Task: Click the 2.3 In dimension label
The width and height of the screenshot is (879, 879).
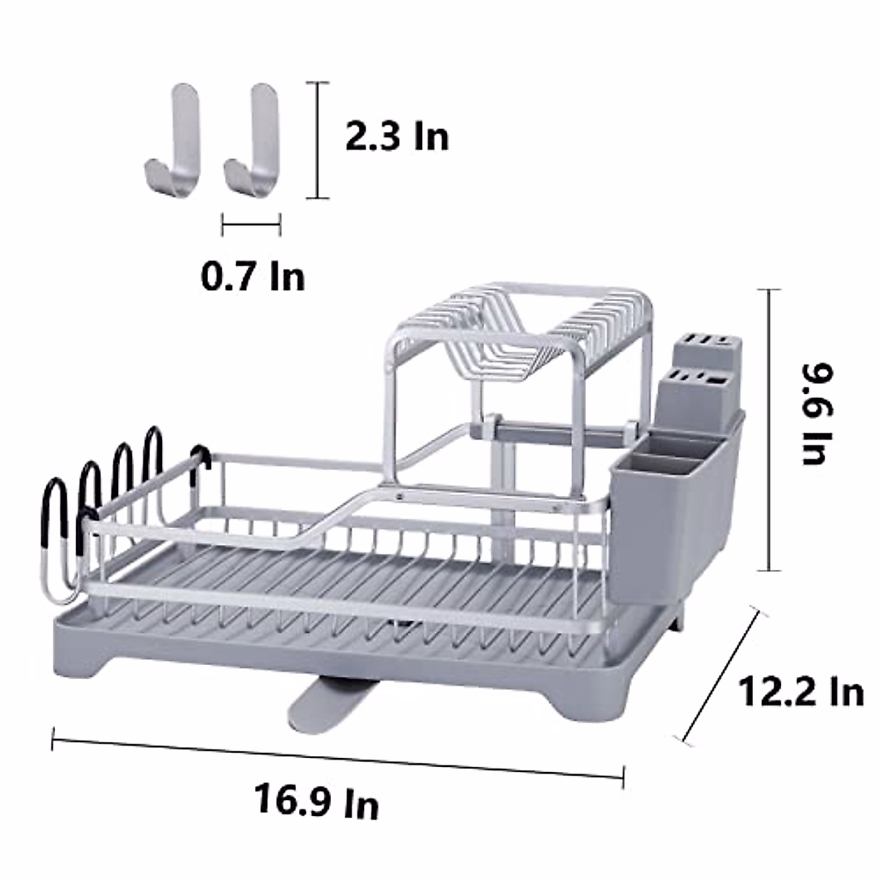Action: (x=397, y=137)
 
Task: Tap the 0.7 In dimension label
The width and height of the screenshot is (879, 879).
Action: (x=253, y=277)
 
